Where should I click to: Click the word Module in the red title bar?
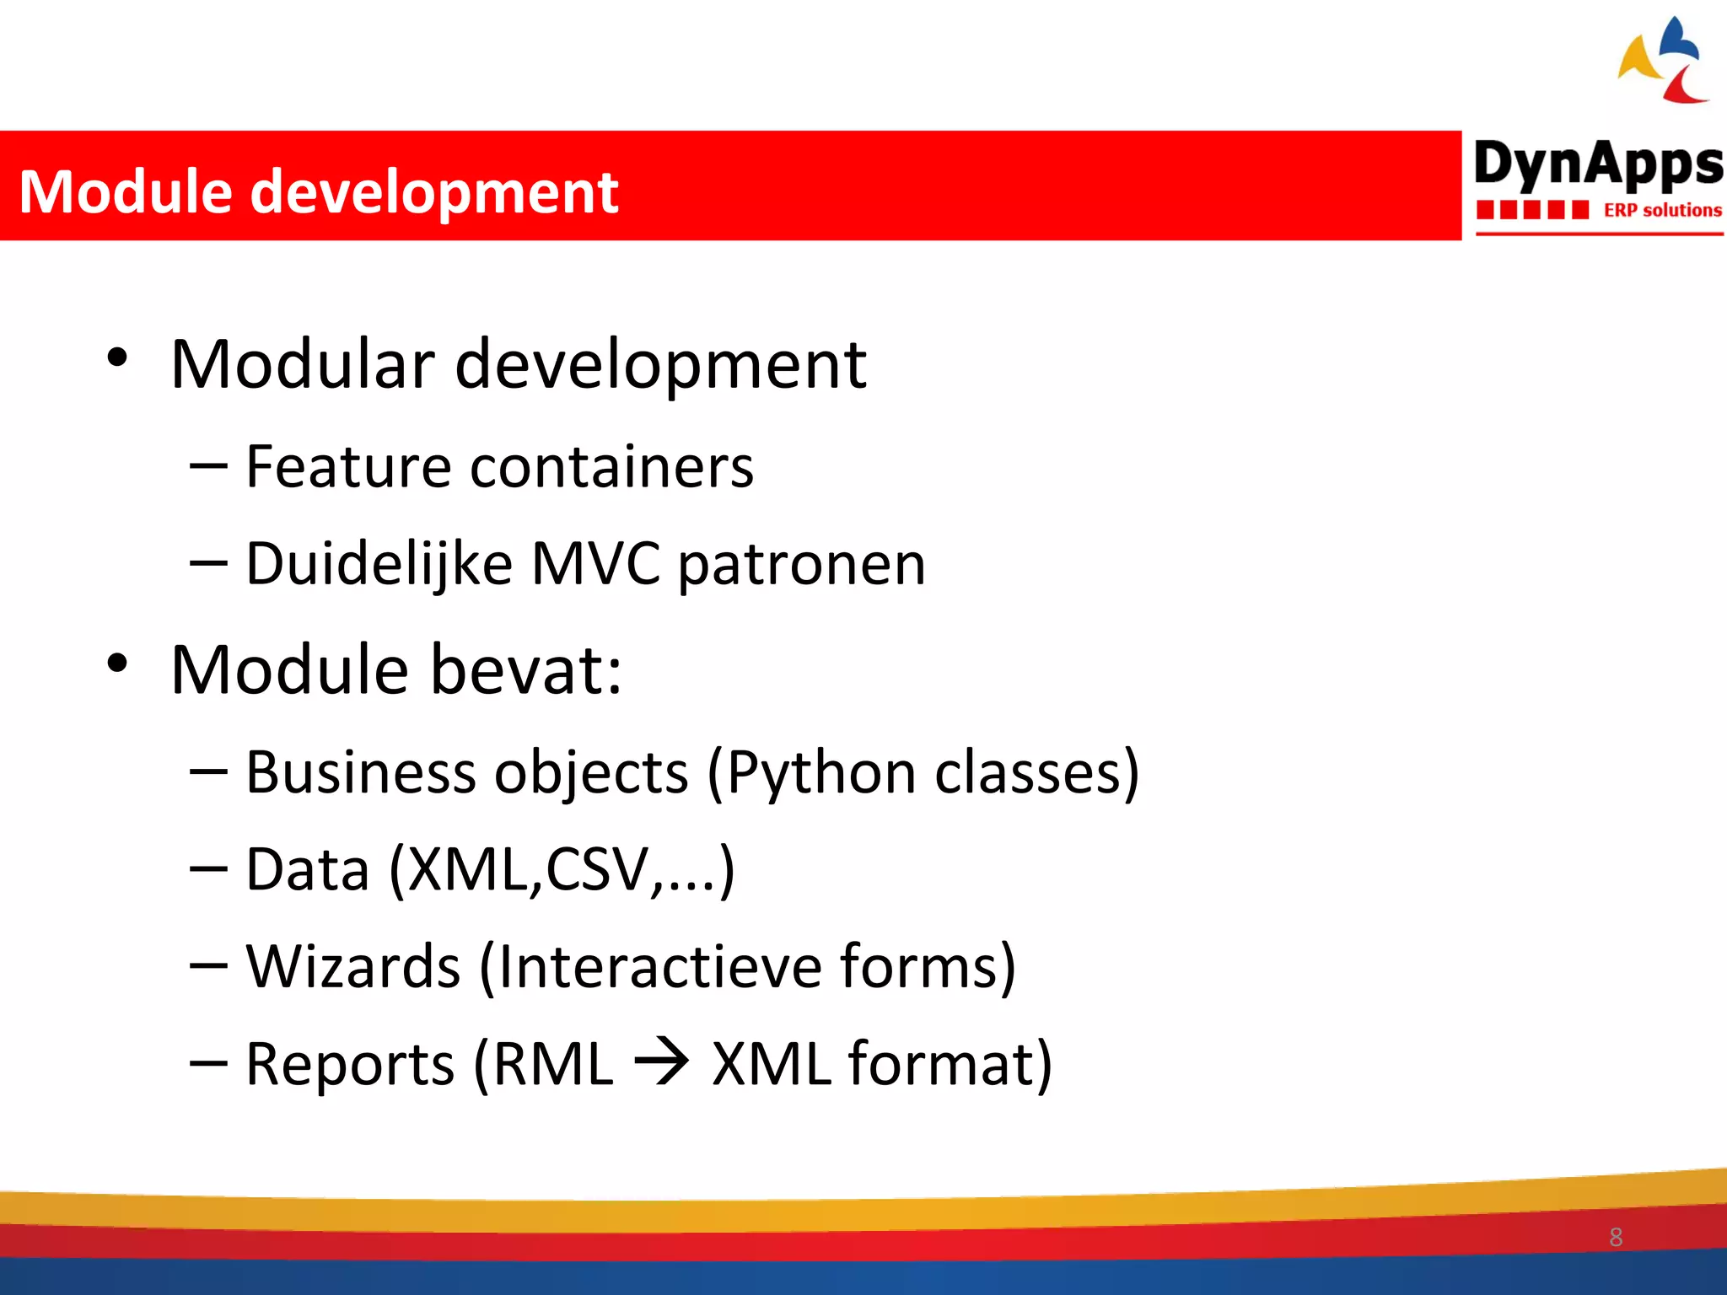[125, 192]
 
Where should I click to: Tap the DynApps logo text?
[1598, 164]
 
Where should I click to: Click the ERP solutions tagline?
[1661, 210]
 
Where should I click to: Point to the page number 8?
[1615, 1237]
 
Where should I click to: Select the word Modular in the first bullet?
[302, 364]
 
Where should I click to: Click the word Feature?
[348, 467]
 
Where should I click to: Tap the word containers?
[611, 467]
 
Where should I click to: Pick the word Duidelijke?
[379, 563]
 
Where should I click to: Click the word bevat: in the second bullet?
[526, 669]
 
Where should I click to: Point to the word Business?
[361, 772]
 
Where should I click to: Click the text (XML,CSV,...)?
[562, 870]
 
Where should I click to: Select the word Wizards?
[352, 966]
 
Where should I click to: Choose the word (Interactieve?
[649, 966]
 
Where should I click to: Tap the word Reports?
[349, 1064]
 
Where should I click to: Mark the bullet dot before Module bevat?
[117, 664]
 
